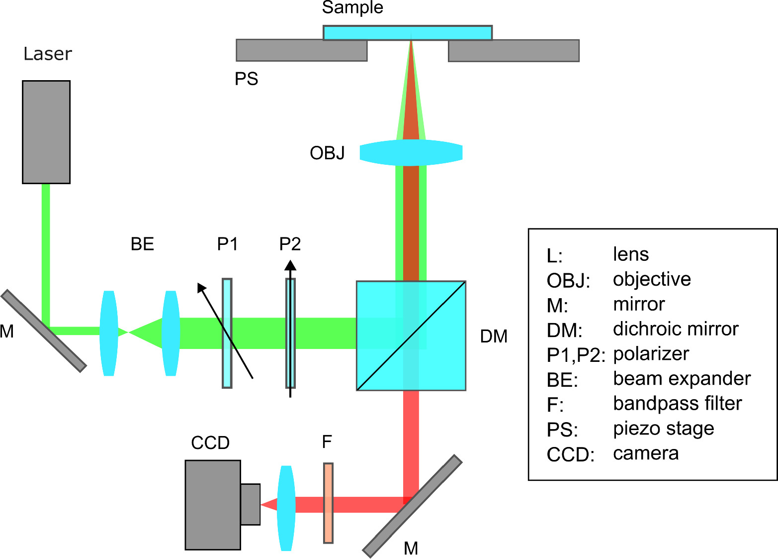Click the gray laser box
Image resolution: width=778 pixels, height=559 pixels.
[x=46, y=132]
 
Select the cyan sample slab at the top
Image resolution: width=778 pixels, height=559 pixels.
[x=407, y=33]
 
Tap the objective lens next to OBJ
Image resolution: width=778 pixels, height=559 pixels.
[x=411, y=152]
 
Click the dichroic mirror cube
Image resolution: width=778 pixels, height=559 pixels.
[x=411, y=335]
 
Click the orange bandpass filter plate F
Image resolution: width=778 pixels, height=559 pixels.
[x=328, y=503]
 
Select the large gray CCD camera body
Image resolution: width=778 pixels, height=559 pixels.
[x=213, y=505]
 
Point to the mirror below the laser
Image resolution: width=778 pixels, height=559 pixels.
[x=44, y=331]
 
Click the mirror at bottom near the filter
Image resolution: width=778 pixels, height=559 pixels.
[x=412, y=506]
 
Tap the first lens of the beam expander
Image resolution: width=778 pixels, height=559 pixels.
[x=109, y=333]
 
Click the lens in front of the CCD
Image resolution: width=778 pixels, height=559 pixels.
[x=286, y=508]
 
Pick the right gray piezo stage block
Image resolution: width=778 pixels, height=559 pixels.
[x=514, y=51]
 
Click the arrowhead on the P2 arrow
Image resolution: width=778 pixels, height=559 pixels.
[x=290, y=265]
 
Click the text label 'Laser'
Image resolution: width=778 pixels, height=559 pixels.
[x=48, y=54]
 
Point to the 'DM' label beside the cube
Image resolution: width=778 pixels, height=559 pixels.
[x=494, y=336]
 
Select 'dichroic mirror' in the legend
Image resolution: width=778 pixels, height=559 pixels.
[x=676, y=329]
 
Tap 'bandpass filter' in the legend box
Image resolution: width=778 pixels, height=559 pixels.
[x=677, y=404]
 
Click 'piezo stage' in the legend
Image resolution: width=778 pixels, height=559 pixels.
[x=663, y=429]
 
